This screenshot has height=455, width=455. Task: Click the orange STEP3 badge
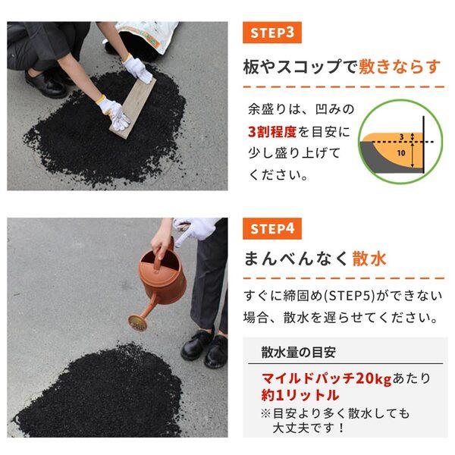(272, 33)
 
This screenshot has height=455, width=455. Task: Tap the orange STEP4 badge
(272, 228)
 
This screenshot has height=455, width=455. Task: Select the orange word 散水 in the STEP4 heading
(369, 259)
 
